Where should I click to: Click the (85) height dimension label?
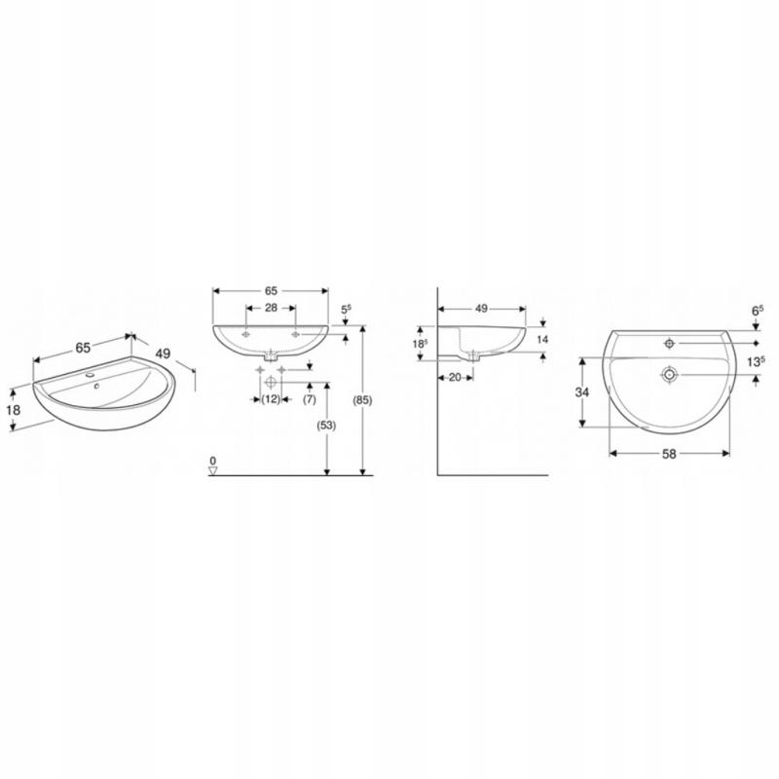pos(362,400)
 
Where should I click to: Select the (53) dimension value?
pos(326,426)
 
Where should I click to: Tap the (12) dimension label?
pos(271,399)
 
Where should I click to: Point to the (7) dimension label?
pos(309,399)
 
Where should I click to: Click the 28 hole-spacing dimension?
pos(271,308)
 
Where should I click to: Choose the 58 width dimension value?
pos(669,454)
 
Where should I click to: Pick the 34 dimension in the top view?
pos(581,392)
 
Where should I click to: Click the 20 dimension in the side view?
pos(455,378)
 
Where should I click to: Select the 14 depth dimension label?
pos(542,339)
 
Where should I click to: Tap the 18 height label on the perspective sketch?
pos(14,410)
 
